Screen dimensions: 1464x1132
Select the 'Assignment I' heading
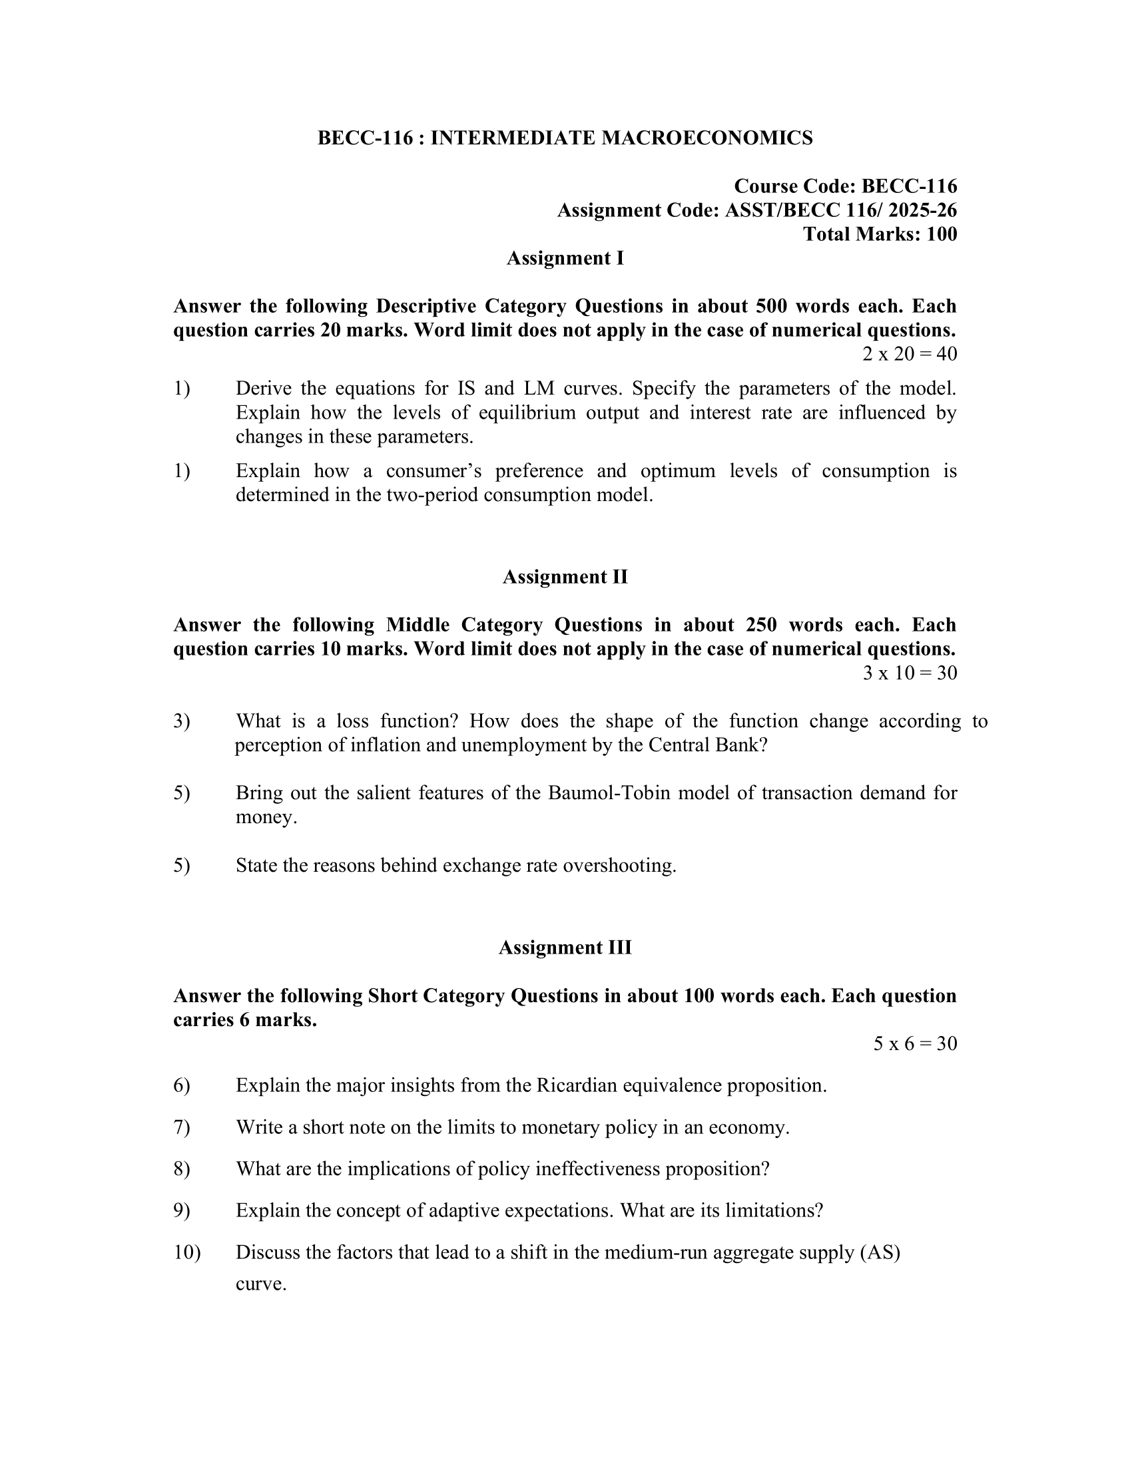[x=565, y=258]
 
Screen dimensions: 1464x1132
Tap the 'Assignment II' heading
[x=565, y=577]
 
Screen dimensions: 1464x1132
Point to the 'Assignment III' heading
[x=565, y=948]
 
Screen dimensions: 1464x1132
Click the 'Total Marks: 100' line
[x=880, y=234]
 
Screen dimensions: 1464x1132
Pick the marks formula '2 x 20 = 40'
[x=910, y=354]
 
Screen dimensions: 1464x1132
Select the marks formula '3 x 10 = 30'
[x=910, y=673]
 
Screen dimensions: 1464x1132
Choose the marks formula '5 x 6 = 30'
[x=915, y=1043]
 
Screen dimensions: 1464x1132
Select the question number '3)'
[x=182, y=721]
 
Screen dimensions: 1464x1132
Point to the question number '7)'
[x=182, y=1127]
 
